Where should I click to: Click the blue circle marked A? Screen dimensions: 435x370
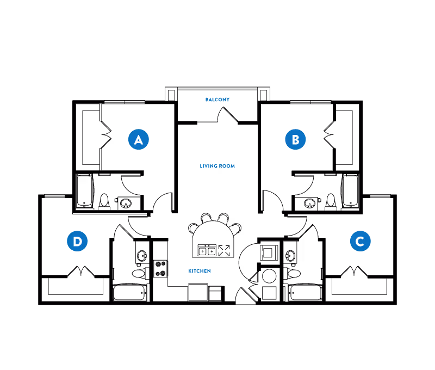pos(139,139)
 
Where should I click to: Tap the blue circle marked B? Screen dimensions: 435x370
pos(295,139)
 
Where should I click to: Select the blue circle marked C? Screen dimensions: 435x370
pos(360,241)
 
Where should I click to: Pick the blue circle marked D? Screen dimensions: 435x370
pos(77,241)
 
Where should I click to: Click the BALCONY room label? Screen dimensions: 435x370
pos(217,100)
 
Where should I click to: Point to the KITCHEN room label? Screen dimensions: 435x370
pos(200,271)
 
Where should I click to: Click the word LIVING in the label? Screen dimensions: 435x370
pos(209,166)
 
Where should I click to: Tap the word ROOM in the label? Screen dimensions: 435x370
pos(227,166)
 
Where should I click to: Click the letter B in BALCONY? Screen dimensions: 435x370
pos(207,100)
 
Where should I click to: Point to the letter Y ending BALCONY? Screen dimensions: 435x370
pos(228,100)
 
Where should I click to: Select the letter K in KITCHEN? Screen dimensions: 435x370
pos(190,271)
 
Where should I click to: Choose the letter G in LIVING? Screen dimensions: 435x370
pos(216,166)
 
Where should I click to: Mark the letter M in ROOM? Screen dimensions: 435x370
pos(233,166)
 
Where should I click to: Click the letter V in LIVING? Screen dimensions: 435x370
pos(207,166)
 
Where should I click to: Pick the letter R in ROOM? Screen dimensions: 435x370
pos(221,166)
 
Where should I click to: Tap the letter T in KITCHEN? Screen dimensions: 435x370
pos(195,271)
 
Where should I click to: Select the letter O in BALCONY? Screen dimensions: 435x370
pos(220,100)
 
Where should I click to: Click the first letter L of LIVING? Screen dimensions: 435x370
pos(201,166)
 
